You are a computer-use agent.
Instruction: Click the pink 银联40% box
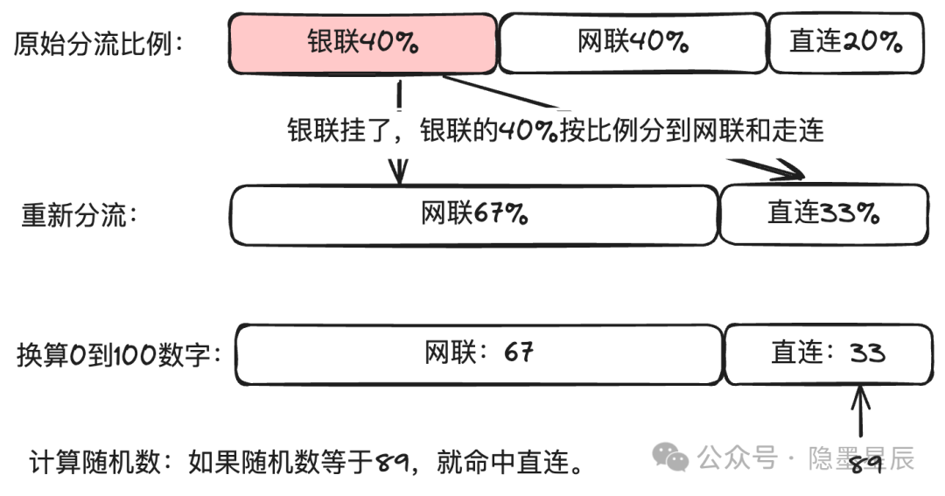362,44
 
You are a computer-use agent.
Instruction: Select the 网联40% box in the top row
633,43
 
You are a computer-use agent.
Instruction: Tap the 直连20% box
846,43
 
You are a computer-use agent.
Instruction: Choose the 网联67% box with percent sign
474,215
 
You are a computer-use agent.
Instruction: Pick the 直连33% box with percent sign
824,214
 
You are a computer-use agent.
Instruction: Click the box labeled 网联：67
479,354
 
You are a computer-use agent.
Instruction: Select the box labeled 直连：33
829,354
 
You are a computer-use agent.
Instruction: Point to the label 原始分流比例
98,44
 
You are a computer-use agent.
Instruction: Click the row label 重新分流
80,215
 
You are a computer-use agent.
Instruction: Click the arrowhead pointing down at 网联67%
398,171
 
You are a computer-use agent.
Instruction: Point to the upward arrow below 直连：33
860,411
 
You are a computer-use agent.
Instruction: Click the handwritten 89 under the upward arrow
866,463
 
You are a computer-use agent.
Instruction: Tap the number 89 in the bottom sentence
392,463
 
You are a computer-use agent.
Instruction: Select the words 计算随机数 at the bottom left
94,463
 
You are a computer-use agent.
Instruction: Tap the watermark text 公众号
738,458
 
